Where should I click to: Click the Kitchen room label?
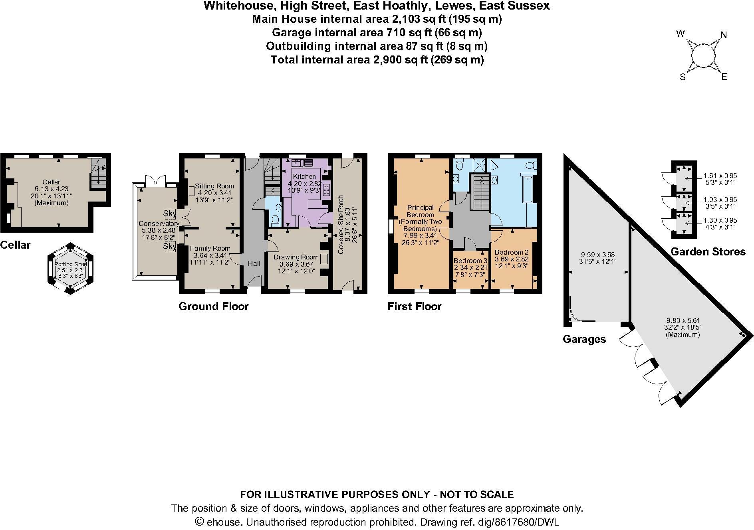pos(304,176)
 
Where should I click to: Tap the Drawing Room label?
pos(296,257)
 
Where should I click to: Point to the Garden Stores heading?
pos(708,252)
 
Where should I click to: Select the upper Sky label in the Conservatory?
pos(170,213)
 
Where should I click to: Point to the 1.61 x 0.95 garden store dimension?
pos(720,176)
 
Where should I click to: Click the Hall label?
pos(254,263)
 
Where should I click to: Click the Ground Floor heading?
pos(213,307)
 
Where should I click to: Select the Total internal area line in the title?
pos(377,60)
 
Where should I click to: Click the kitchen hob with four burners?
pos(326,190)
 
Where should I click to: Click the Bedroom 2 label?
pos(511,252)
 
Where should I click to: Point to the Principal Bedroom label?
pos(420,208)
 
